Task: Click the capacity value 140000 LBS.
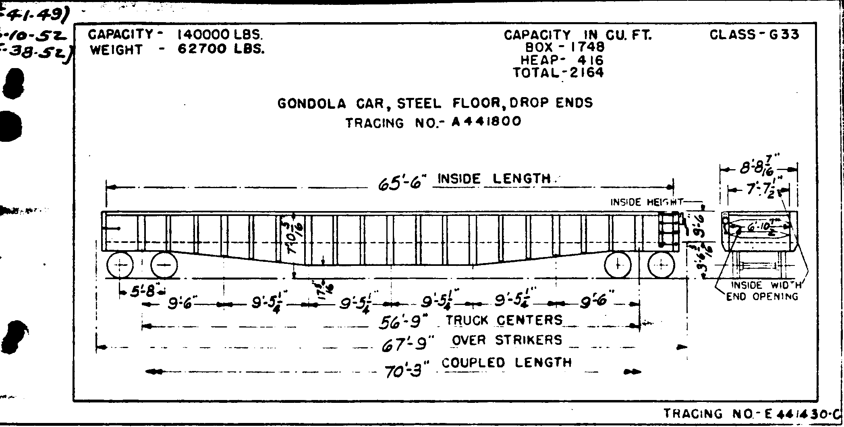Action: click(220, 35)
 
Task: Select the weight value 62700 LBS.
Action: click(221, 50)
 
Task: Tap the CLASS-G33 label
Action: click(754, 35)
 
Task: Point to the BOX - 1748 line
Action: click(565, 48)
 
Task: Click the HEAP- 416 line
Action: click(562, 60)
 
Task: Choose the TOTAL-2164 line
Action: click(558, 73)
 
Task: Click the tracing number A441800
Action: click(486, 121)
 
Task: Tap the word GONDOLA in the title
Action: click(311, 104)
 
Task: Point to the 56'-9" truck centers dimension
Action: click(403, 322)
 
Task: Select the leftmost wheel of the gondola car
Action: click(120, 265)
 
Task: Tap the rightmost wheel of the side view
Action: click(661, 265)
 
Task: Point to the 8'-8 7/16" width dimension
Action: click(758, 169)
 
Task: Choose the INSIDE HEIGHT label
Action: click(647, 202)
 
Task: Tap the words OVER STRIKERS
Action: click(506, 340)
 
